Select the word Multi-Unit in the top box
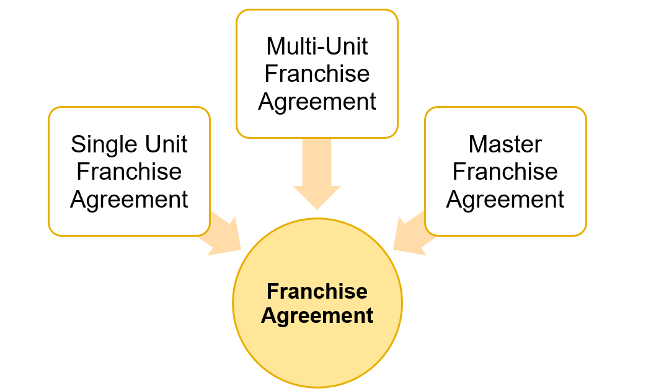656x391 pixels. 317,46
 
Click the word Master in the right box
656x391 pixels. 505,144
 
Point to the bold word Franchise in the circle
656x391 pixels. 317,291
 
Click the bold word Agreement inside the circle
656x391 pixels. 317,315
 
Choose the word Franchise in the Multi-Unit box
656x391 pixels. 317,74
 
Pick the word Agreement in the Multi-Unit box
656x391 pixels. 317,102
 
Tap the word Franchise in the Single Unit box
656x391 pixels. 129,172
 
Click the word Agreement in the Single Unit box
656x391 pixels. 129,200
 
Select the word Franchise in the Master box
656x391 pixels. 505,172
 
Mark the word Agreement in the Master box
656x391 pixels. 505,200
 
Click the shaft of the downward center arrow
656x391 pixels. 317,161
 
